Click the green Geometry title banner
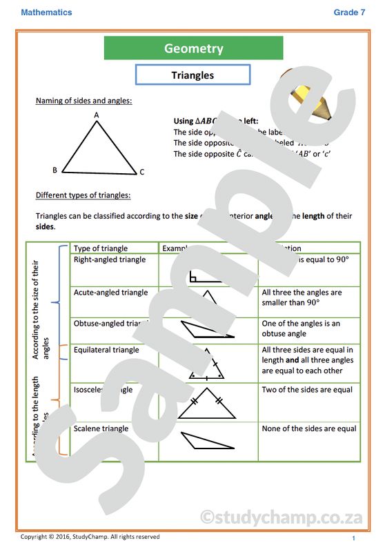193,48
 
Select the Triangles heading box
192,75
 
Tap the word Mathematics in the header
46,12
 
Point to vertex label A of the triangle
97,115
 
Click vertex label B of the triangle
55,170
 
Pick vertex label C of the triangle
142,172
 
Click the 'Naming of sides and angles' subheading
83,101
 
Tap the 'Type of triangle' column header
101,248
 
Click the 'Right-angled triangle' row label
110,260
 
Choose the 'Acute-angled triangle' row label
110,293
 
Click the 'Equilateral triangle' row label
106,350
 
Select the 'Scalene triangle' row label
101,428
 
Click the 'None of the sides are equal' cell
309,428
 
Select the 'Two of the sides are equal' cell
307,390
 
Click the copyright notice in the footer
90,537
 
